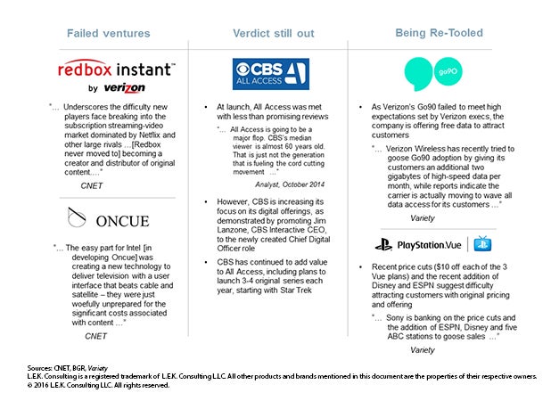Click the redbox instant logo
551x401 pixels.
[x=117, y=69]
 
